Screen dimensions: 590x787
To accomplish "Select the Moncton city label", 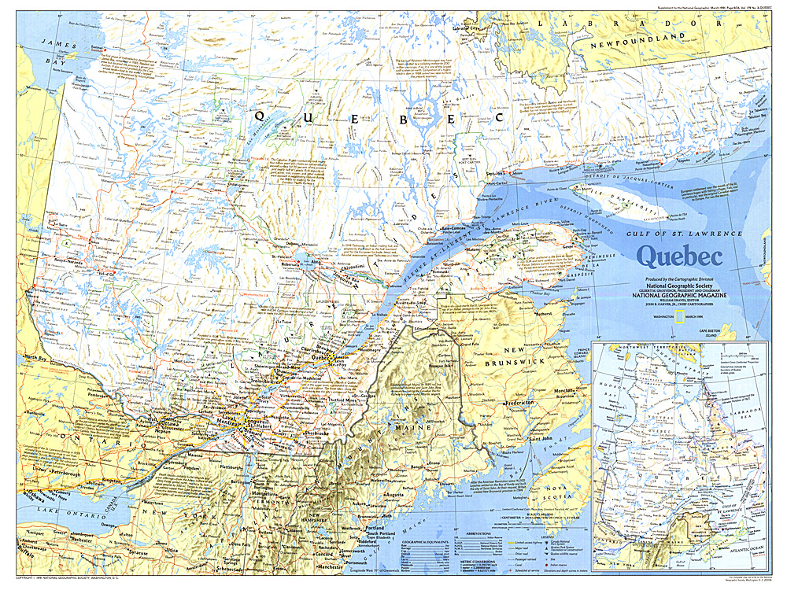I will point(562,390).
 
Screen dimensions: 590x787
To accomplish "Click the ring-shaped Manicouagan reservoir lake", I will point(426,116).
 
